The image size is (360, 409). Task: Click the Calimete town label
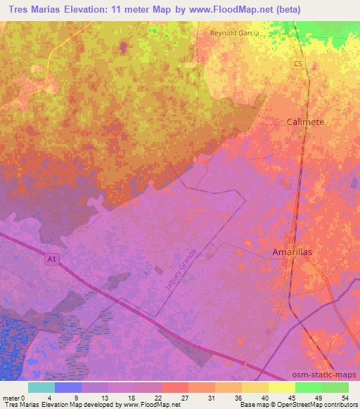point(306,122)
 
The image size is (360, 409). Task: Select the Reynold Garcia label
point(234,33)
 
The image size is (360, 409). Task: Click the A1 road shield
point(51,259)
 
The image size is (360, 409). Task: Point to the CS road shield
point(298,63)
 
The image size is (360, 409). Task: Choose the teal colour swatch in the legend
point(41,387)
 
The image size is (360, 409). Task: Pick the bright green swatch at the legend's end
point(335,387)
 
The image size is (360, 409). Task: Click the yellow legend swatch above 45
point(281,387)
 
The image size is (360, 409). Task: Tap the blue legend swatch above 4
point(68,387)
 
